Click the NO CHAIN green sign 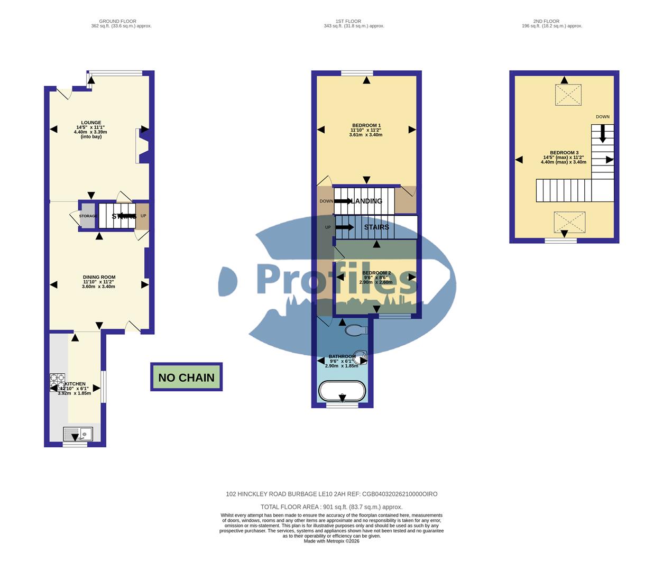click(186, 377)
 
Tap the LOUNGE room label click(91, 123)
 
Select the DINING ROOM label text click(99, 277)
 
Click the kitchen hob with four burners click(57, 382)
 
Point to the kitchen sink click(78, 434)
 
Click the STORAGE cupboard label click(88, 216)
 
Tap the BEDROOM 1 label click(366, 125)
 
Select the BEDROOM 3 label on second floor click(564, 153)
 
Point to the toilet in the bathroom click(355, 330)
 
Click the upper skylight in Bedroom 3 click(567, 95)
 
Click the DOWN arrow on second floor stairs click(602, 133)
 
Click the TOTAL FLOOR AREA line click(331, 506)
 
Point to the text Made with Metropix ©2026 click(331, 541)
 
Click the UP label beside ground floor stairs click(143, 216)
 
